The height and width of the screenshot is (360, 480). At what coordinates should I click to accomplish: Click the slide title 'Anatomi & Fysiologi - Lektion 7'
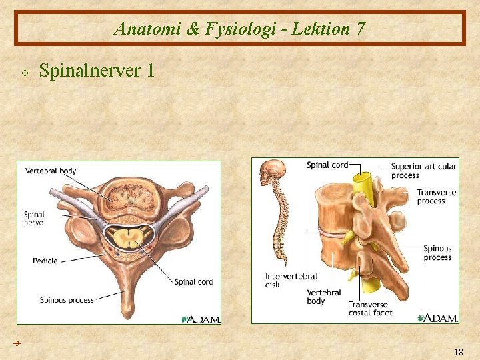coord(239,29)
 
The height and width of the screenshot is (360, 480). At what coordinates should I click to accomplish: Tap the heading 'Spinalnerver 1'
coord(97,69)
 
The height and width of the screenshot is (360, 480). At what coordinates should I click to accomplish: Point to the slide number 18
coord(457,351)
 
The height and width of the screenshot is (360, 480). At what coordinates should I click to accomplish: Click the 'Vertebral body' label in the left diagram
coord(51,171)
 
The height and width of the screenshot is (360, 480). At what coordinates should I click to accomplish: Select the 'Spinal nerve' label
coord(34,219)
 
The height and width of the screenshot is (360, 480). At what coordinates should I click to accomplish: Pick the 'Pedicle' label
coord(45,261)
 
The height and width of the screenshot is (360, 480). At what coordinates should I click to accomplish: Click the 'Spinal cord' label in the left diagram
coord(193,282)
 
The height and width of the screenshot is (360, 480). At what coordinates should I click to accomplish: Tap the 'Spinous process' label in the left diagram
coord(67,300)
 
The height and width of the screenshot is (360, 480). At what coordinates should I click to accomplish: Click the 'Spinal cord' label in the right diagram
coord(327,165)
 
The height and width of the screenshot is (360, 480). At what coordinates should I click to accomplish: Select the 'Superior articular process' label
coord(423,171)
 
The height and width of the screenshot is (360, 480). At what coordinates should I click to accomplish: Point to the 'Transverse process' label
coord(436,197)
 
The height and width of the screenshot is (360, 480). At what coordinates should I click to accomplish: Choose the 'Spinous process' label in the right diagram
coord(437,253)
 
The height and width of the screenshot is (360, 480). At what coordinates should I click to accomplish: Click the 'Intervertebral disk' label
coord(291,281)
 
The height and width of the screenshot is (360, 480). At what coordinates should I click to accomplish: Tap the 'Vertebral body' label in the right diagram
coord(324,297)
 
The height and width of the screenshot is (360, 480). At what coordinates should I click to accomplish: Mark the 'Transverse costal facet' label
coord(370,309)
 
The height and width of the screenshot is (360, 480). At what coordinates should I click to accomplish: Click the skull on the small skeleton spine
coord(271,173)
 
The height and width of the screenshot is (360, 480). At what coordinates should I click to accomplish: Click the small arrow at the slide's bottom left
coord(17,343)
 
